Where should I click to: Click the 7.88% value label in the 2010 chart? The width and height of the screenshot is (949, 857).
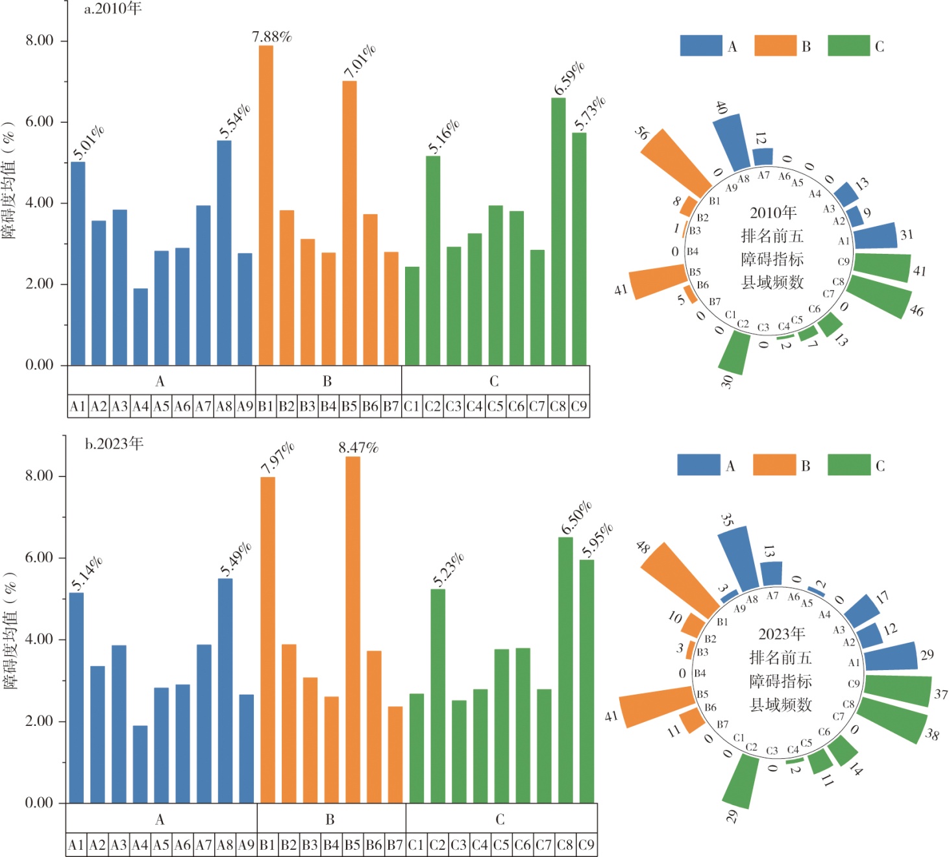click(x=272, y=36)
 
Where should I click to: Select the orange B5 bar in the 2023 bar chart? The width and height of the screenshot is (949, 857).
click(x=352, y=630)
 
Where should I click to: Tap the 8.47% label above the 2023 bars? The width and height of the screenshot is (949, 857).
click(x=358, y=448)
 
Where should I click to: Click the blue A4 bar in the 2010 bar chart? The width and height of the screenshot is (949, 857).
click(x=141, y=327)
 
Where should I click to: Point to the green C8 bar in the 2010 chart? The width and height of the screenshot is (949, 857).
click(x=558, y=231)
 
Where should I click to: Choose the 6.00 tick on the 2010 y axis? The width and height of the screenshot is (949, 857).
click(x=40, y=122)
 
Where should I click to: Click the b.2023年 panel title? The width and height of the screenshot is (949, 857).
click(x=114, y=443)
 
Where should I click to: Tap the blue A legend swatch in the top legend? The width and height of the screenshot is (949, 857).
click(x=700, y=46)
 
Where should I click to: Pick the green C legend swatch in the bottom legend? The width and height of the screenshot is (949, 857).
click(x=849, y=465)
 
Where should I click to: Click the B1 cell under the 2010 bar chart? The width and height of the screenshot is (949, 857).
click(x=265, y=407)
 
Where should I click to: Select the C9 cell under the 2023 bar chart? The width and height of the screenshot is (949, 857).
click(x=586, y=845)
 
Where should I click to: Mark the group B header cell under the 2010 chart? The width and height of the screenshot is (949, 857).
click(x=327, y=381)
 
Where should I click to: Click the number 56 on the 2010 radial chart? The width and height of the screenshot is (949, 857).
click(x=641, y=133)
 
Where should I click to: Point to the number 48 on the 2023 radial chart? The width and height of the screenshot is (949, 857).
click(x=643, y=547)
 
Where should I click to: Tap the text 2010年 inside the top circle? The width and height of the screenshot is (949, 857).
click(x=772, y=213)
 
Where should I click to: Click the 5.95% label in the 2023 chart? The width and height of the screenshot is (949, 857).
click(x=597, y=540)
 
